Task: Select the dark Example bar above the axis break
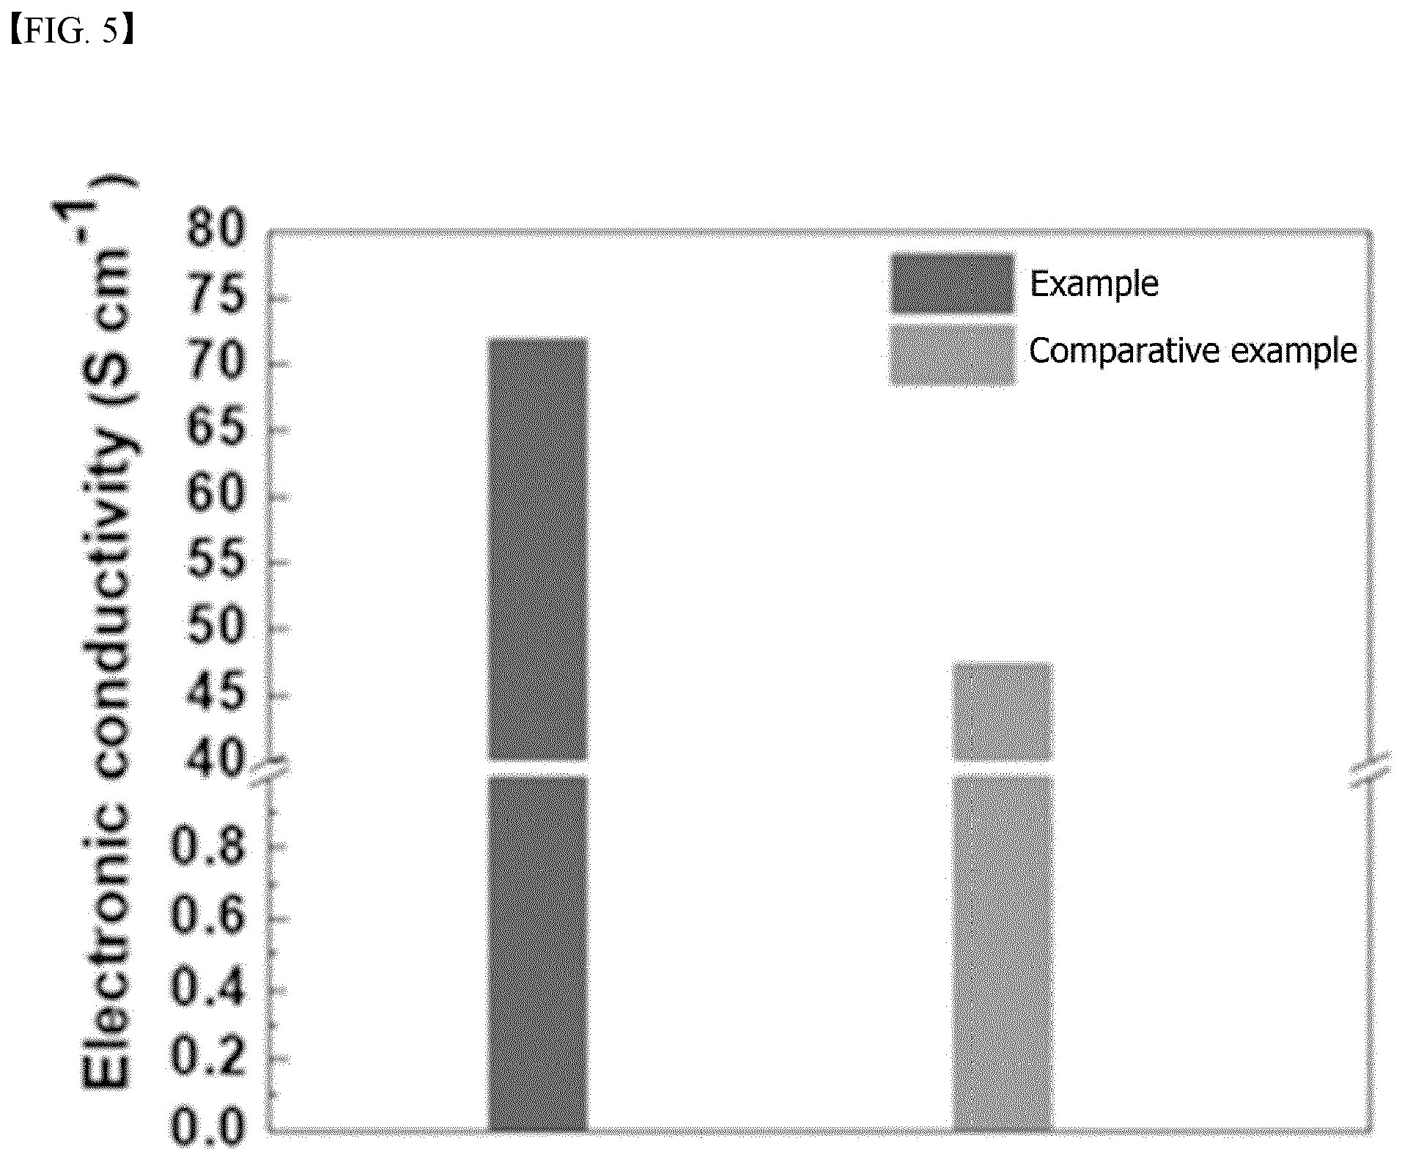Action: click(x=538, y=549)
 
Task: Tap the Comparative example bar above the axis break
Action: click(x=1003, y=712)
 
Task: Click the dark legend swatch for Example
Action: click(x=952, y=284)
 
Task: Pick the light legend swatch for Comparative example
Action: click(x=952, y=355)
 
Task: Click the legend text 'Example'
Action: click(x=1094, y=284)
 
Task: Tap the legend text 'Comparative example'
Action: click(x=1193, y=351)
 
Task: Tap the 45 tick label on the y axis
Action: click(x=215, y=691)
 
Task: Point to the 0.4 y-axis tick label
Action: click(x=207, y=986)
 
